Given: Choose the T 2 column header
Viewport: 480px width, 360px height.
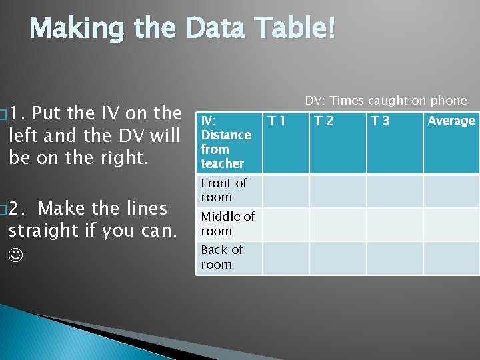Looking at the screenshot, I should click(x=324, y=121).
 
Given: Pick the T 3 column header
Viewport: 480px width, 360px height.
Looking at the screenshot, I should click(x=381, y=121).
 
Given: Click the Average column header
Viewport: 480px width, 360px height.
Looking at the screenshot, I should click(x=451, y=121).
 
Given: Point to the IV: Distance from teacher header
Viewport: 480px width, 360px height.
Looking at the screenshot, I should click(x=226, y=142).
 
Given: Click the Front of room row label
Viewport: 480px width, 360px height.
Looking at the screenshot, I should click(x=224, y=190).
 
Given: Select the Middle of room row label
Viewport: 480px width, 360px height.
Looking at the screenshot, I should click(x=227, y=223).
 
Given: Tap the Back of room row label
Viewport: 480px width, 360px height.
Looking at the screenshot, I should click(x=222, y=257).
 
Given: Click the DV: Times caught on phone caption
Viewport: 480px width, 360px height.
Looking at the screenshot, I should click(x=386, y=101).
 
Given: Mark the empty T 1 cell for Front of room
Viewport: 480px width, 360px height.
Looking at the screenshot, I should click(x=285, y=191).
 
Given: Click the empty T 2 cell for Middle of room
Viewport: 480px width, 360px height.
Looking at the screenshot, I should click(x=338, y=224).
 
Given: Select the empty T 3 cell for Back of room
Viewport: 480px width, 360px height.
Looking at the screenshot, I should click(x=395, y=258).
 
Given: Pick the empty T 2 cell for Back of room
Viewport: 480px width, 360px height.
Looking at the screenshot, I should click(x=338, y=258).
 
